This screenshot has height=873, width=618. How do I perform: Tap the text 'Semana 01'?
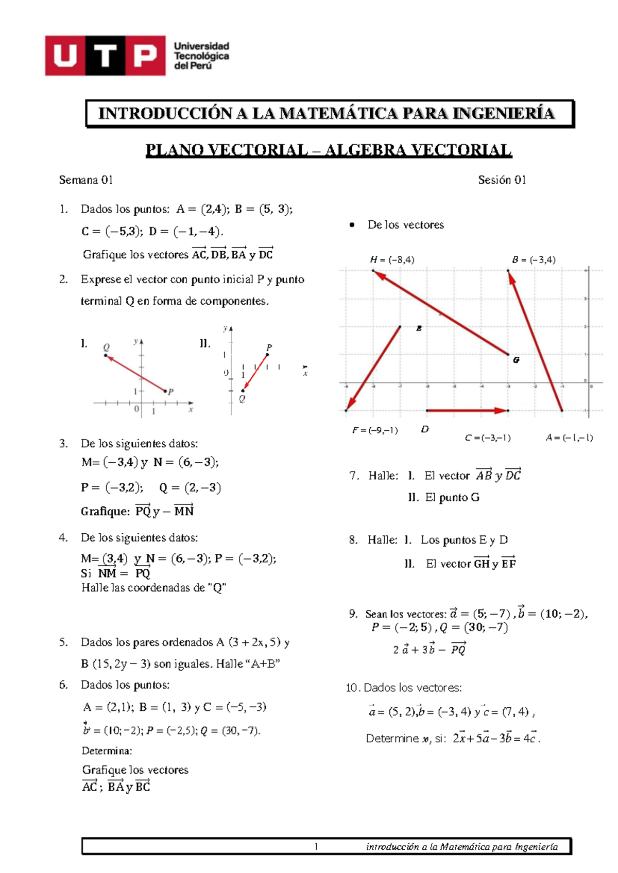85,180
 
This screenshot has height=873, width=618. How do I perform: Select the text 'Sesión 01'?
502,180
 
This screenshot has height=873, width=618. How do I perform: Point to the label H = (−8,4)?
392,260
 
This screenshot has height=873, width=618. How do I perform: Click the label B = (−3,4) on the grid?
534,260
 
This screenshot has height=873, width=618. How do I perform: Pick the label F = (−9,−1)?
375,430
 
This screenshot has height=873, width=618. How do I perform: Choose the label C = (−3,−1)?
487,438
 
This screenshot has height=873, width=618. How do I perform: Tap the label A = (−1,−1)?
569,438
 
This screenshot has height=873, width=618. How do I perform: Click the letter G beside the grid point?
516,360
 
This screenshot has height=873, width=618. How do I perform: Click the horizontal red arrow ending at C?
467,410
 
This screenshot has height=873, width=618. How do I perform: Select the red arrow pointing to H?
440,312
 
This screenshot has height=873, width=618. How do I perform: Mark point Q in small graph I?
106,355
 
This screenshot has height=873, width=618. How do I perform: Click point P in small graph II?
268,355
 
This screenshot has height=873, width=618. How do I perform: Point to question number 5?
63,642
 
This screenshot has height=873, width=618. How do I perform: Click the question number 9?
353,613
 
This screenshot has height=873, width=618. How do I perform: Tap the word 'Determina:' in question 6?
107,750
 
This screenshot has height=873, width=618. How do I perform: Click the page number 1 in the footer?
316,846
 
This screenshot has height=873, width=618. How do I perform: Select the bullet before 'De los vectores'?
352,225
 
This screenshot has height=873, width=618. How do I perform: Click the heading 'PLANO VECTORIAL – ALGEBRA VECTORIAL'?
329,150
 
